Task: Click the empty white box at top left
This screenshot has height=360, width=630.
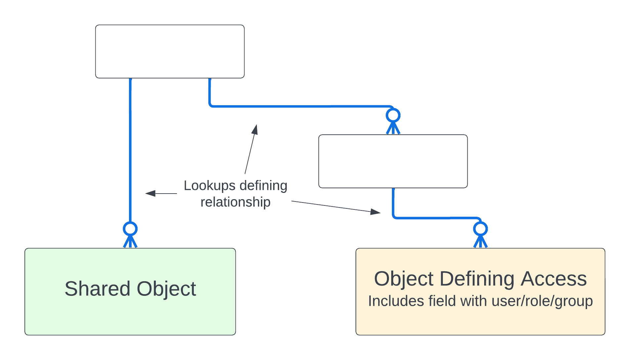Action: click(170, 52)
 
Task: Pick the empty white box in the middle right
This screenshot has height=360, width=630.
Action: click(393, 161)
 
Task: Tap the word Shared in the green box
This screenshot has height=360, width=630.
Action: click(97, 289)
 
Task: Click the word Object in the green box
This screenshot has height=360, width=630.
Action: click(166, 289)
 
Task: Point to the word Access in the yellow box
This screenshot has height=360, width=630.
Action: click(554, 279)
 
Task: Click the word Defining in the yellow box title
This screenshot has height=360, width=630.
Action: click(477, 279)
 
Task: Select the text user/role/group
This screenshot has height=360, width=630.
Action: click(542, 301)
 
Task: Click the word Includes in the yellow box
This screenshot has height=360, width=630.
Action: click(396, 301)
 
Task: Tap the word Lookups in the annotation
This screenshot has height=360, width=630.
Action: click(209, 186)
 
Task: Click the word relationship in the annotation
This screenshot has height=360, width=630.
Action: click(235, 202)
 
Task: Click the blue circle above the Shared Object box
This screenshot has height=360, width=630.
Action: click(130, 229)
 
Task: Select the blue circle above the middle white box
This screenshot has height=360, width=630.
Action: click(393, 115)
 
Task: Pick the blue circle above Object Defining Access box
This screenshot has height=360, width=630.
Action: click(480, 229)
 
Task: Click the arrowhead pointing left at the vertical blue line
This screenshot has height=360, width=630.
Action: click(150, 193)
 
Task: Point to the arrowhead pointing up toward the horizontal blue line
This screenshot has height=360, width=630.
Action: click(255, 129)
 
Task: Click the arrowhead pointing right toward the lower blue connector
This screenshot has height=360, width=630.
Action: click(375, 212)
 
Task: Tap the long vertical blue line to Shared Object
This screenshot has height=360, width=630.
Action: click(130, 149)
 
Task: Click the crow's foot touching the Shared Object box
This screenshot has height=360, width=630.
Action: click(130, 242)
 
